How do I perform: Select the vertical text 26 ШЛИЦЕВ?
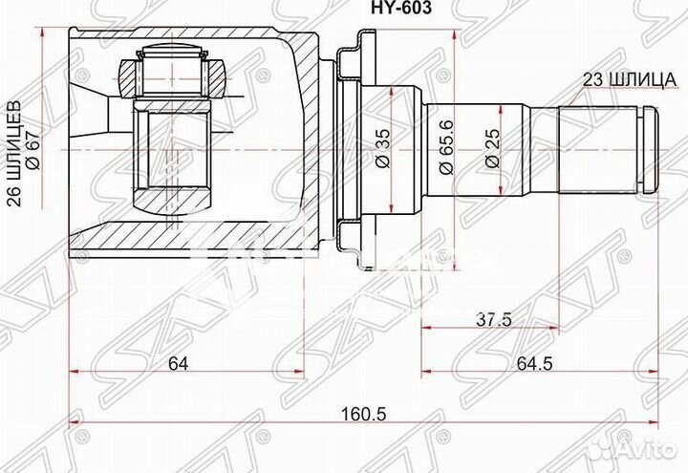tap(12, 148)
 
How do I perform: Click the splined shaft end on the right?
tap(597, 148)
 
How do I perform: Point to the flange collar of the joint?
tap(350, 148)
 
